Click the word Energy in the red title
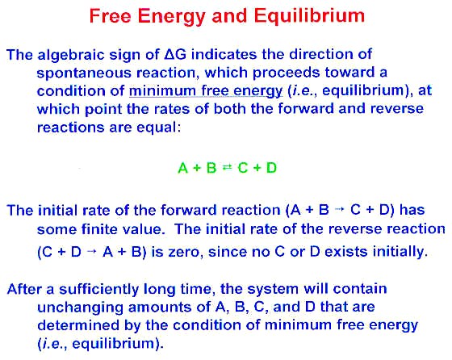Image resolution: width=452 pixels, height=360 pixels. pos(172,16)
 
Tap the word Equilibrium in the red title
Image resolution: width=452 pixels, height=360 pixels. pos(309,16)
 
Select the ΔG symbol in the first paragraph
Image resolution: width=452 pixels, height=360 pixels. pos(175,54)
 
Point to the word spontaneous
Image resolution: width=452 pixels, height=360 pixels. pos(84,73)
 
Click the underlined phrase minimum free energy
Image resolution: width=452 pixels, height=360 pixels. pos(206,90)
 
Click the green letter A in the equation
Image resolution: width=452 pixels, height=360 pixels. pos(183,168)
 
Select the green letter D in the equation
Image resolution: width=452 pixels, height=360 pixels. pos(271,167)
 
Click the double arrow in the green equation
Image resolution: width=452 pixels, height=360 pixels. pos(227,167)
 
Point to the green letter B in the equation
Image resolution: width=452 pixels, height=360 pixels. pos(211,168)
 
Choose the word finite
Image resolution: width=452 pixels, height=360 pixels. pos(99,229)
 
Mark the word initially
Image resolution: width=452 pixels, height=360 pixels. pos(400,252)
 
